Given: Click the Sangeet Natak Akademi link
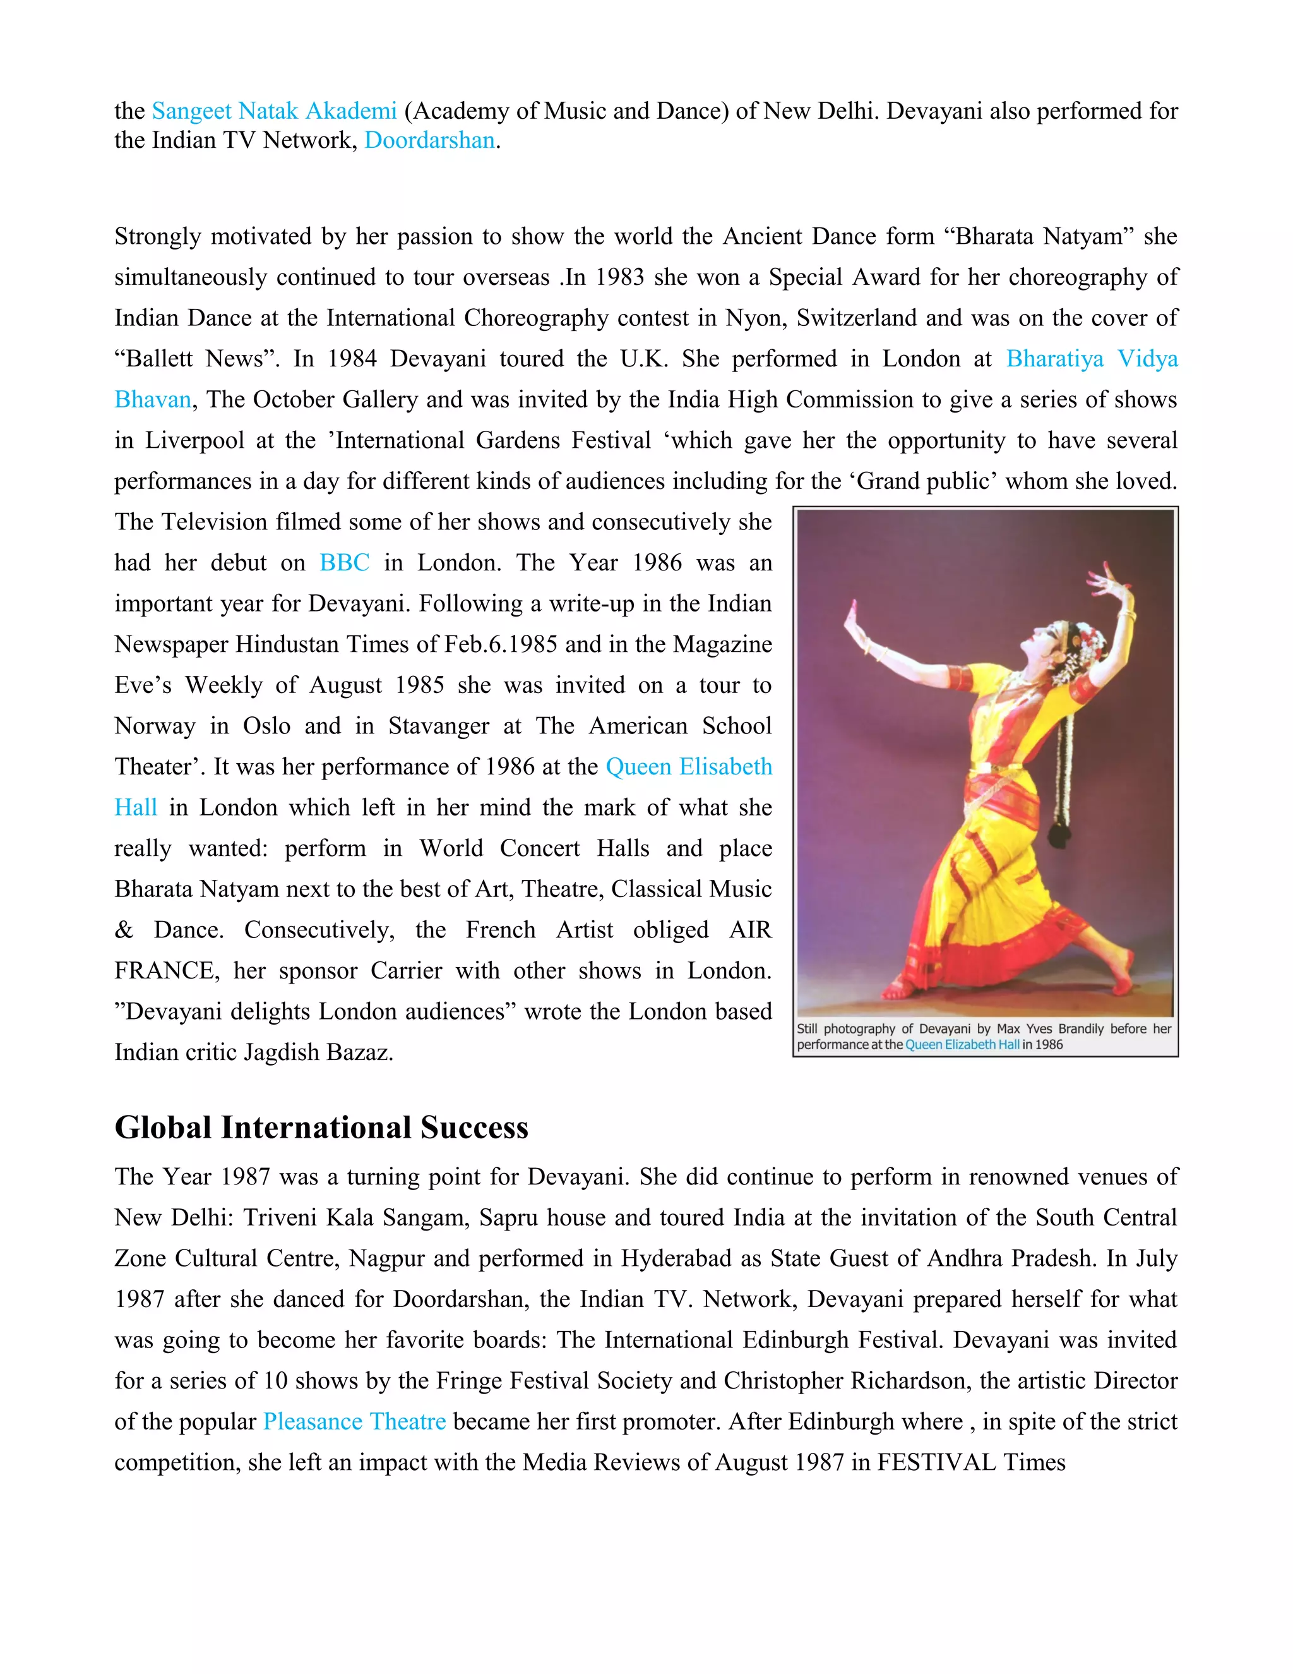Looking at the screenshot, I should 274,111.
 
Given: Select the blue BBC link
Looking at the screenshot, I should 344,563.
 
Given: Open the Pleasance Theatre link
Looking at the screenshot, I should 354,1422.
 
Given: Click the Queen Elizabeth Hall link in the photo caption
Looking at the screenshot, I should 962,1045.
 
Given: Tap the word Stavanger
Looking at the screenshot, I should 438,726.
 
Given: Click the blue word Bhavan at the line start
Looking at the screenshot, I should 152,400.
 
